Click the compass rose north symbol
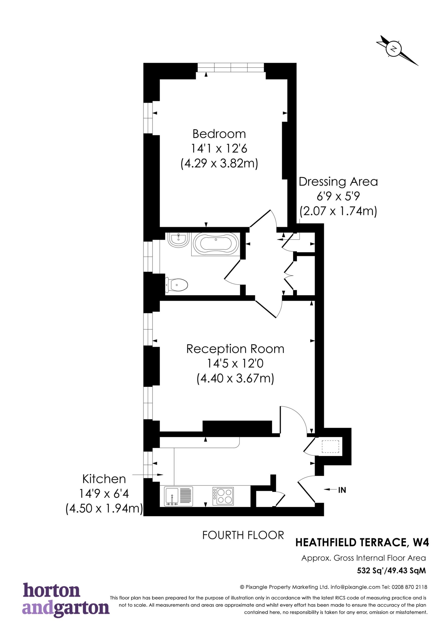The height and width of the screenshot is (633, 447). [394, 49]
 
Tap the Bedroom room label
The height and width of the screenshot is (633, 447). [219, 134]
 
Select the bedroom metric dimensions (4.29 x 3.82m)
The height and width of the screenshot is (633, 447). [219, 163]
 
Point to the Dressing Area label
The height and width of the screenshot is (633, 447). [338, 182]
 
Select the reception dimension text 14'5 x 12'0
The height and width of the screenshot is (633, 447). [235, 363]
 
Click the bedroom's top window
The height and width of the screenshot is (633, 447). [231, 67]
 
